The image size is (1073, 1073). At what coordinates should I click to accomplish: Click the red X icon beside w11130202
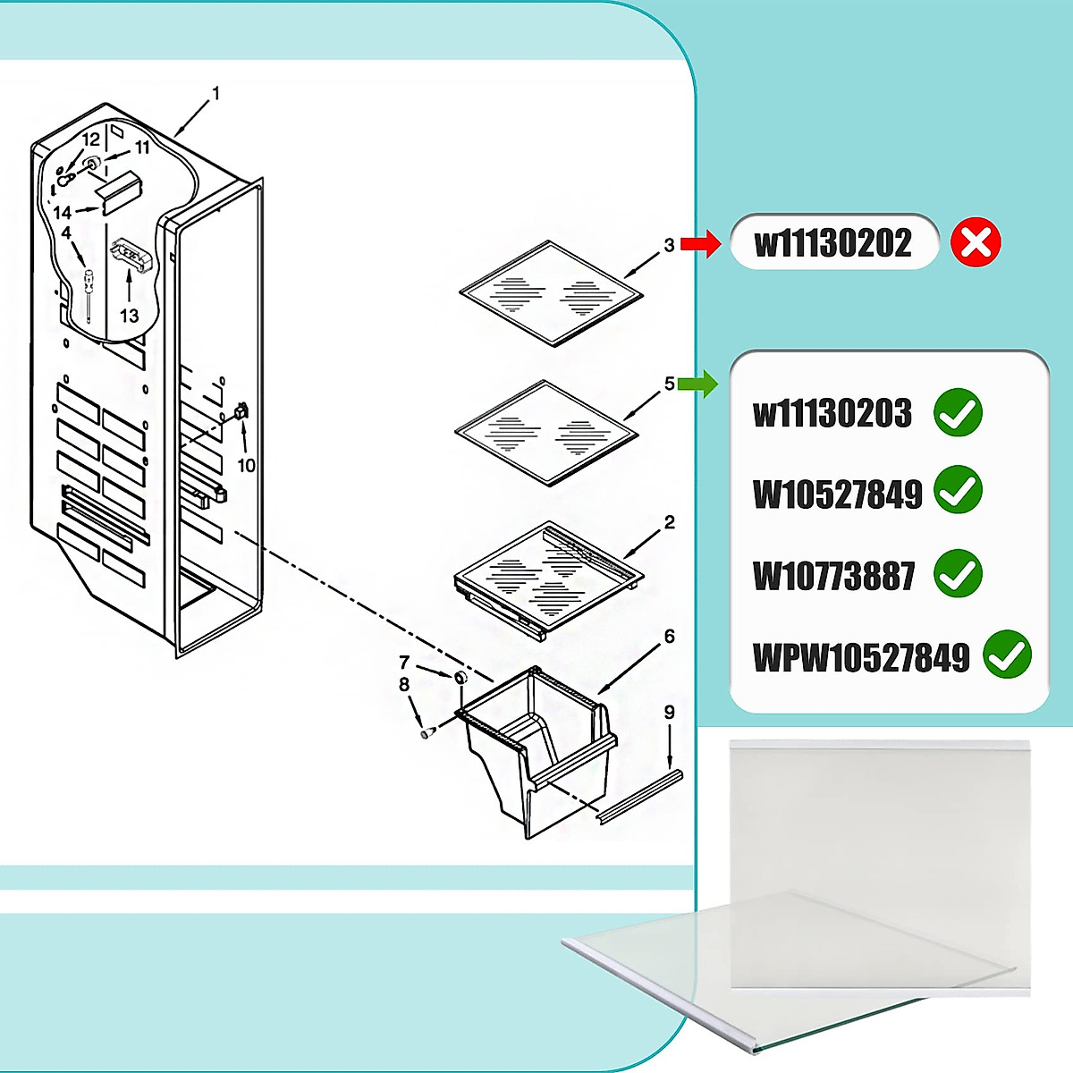976,243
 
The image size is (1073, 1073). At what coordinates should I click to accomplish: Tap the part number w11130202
833,243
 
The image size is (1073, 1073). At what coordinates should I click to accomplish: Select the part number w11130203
832,413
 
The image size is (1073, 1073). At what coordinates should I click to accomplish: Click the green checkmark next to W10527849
958,490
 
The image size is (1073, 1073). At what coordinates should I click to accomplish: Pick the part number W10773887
833,576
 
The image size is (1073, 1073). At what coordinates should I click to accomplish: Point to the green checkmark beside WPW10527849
1006,655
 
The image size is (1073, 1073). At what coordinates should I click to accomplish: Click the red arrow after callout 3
700,243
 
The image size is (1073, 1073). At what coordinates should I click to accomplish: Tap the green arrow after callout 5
697,384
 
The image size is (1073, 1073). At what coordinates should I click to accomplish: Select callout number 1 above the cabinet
215,93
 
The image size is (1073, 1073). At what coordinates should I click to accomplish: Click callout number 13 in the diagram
130,315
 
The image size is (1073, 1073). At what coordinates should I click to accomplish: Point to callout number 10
246,465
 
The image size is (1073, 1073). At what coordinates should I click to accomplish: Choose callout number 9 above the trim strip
669,713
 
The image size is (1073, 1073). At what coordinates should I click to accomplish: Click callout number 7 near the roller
404,663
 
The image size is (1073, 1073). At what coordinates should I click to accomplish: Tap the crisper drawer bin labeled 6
536,751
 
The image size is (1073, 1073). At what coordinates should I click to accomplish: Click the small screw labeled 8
427,732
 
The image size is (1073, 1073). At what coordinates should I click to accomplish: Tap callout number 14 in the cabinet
62,213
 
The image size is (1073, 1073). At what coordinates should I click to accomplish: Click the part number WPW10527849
861,658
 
